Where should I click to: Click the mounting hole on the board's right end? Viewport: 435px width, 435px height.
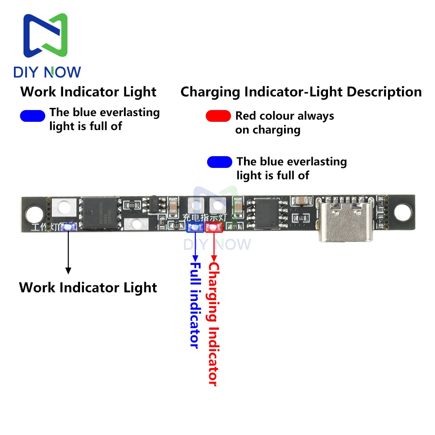[403, 211]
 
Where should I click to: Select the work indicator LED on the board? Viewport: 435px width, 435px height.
[68, 227]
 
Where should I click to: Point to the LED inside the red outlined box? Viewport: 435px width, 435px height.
[214, 227]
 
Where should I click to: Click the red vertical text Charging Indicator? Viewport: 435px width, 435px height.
[213, 324]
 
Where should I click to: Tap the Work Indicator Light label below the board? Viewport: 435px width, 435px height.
[88, 288]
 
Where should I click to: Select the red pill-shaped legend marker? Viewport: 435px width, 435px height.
[218, 116]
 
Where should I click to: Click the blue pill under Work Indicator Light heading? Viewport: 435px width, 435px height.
[33, 116]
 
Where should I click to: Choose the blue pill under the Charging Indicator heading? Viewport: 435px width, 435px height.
[220, 162]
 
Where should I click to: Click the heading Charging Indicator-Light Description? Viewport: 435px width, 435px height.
[301, 92]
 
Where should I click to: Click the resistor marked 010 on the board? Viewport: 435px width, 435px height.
[132, 204]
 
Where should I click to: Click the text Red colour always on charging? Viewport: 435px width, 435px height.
[284, 123]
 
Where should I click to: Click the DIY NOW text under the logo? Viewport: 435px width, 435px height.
[47, 72]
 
